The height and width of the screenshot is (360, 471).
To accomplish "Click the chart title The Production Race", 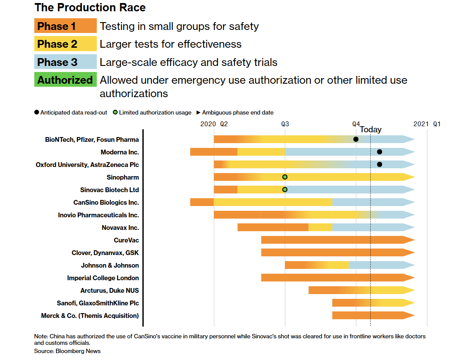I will (90, 7).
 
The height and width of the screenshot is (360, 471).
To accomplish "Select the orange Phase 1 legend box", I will (65, 26).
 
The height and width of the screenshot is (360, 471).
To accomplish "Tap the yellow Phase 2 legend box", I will (65, 44).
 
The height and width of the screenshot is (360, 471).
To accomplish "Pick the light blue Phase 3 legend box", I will (65, 62).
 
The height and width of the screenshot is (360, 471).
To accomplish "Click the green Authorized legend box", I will (65, 80).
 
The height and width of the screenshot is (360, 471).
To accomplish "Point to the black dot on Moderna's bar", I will (379, 152).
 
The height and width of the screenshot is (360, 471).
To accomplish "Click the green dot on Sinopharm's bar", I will (285, 177).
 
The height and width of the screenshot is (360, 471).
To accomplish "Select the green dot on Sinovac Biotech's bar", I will (285, 190).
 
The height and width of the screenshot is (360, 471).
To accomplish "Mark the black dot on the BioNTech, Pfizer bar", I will (356, 139).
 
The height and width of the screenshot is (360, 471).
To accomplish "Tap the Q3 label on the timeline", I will (285, 124).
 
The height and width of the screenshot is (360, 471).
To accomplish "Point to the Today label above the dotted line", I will (370, 130).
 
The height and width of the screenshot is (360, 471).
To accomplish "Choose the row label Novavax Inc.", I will (120, 228).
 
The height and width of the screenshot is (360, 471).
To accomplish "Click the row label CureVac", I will (126, 240).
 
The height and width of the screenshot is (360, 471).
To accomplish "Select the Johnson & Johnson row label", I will (110, 265).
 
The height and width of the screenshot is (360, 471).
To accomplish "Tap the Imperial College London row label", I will (103, 278).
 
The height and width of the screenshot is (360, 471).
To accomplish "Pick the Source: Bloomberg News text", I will (67, 351).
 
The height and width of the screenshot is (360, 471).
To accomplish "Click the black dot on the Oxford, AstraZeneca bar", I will (379, 164).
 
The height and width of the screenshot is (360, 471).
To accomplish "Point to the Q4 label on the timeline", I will (356, 124).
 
